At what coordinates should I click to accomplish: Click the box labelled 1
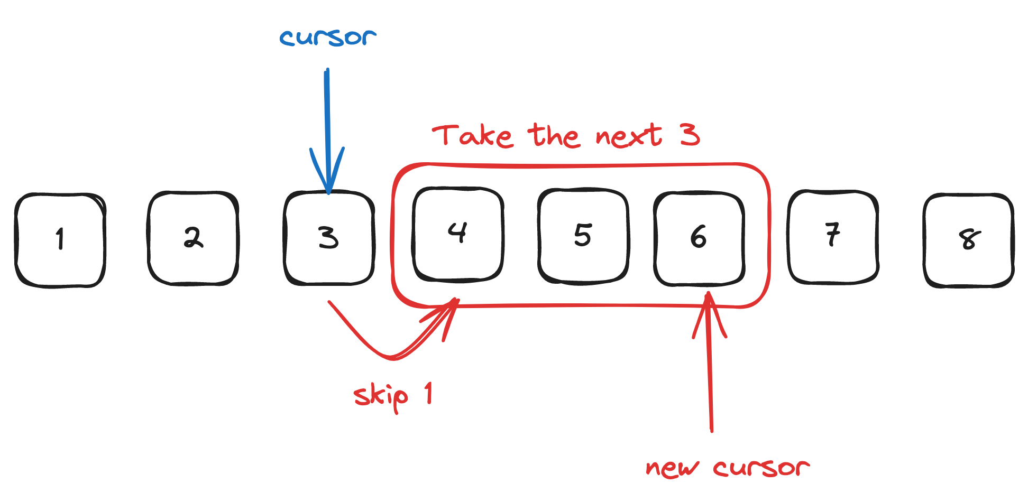pos(60,240)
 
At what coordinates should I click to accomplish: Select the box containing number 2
pos(193,238)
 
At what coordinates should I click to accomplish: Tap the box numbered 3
pos(329,238)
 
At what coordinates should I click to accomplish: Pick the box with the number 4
pos(458,235)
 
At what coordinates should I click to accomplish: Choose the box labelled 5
pos(583,236)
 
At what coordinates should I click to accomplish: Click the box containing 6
pos(699,238)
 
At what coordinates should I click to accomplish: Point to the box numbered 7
pos(833,236)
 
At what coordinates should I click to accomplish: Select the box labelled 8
pos(968,240)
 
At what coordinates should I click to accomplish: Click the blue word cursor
pos(328,38)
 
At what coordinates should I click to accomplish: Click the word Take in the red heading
pos(472,135)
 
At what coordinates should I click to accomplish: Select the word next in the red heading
pos(628,136)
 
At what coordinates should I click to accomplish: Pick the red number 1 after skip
pos(428,393)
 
